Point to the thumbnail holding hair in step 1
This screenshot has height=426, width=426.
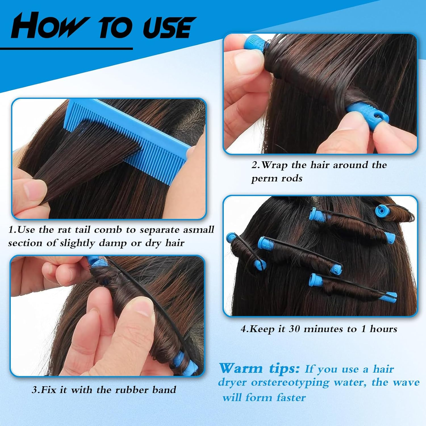coord(34,187)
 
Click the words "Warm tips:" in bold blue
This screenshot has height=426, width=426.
coord(259,368)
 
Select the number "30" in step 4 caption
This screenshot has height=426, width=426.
coord(294,329)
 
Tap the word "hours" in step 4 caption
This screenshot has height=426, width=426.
coord(383,329)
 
